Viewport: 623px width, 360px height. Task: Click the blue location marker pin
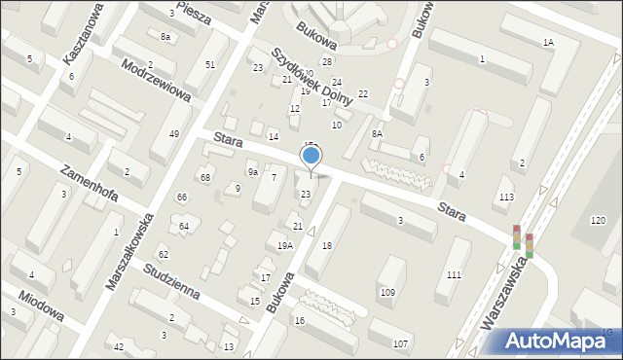311,157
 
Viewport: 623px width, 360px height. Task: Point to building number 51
210,64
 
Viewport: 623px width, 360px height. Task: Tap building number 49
173,133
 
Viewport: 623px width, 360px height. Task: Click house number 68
204,177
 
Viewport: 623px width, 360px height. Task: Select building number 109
387,292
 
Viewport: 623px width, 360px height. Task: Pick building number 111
454,275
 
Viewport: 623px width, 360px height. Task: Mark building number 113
506,198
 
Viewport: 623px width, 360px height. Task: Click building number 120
597,221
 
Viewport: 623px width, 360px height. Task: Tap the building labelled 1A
548,42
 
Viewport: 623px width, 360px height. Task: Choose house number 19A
284,246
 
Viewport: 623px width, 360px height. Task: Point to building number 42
119,347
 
